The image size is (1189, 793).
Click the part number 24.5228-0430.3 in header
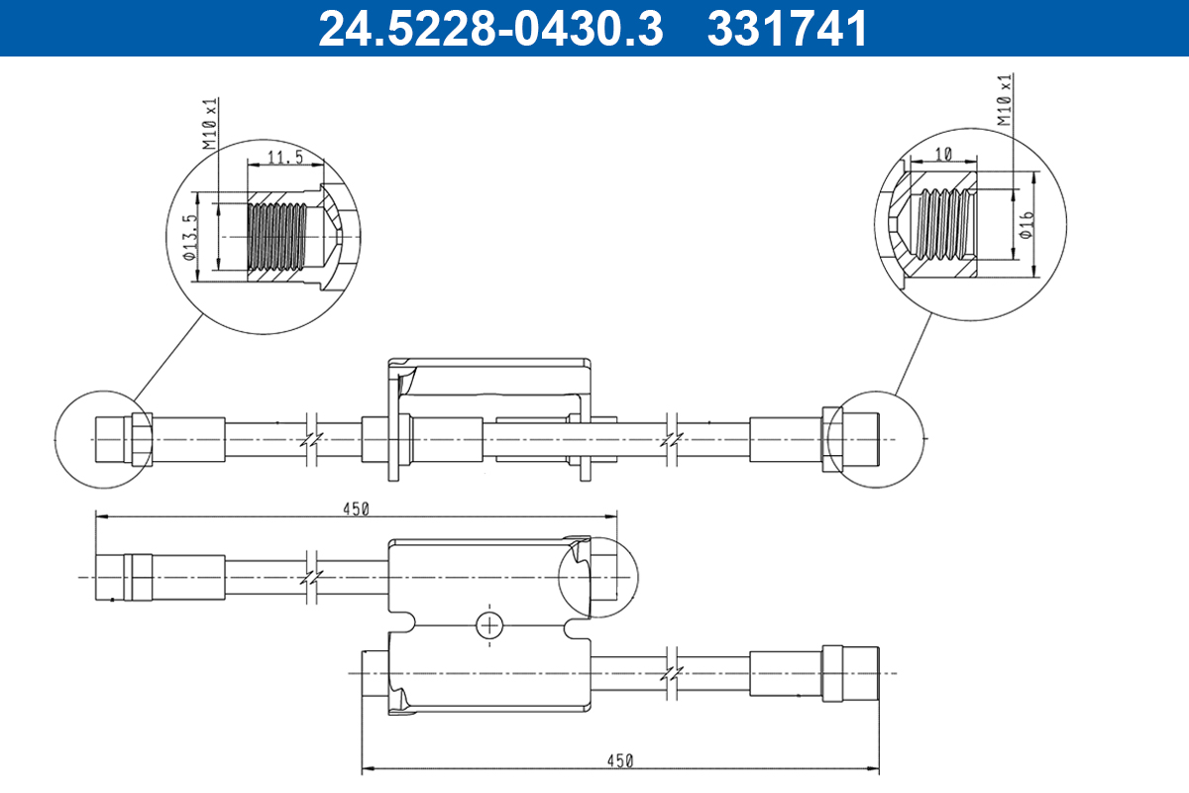[x=489, y=28]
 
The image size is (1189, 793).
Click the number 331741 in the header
[x=788, y=28]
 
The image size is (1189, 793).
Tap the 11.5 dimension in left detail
[x=284, y=158]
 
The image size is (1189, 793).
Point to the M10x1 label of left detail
[x=209, y=123]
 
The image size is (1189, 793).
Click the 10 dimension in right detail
[x=942, y=154]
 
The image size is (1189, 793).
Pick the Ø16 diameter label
[x=1027, y=223]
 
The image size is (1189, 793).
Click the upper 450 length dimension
[x=356, y=510]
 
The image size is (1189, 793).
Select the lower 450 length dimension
[x=619, y=761]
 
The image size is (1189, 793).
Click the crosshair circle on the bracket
[x=489, y=625]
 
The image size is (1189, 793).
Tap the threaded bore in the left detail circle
[x=275, y=236]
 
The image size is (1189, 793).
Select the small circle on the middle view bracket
[x=598, y=576]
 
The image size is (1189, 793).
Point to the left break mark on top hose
[x=311, y=438]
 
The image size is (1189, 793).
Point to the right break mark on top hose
[x=673, y=438]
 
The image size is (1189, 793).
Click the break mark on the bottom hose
[x=673, y=672]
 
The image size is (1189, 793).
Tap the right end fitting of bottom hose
[x=849, y=672]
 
